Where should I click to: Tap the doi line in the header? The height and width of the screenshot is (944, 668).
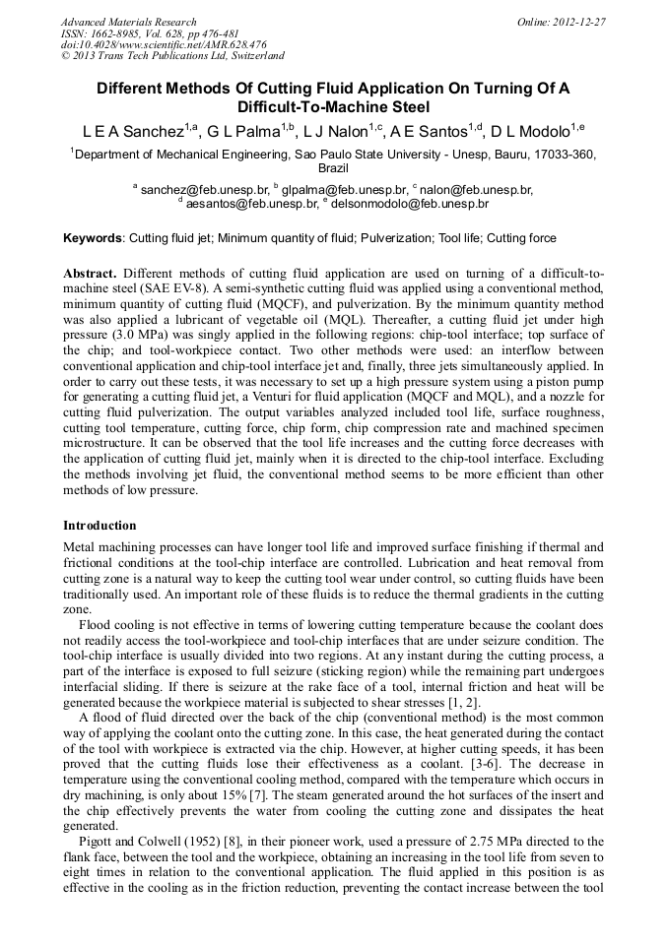click(x=164, y=45)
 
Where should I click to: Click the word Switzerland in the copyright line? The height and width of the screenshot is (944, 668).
click(x=252, y=56)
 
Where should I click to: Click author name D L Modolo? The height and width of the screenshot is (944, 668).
click(x=535, y=130)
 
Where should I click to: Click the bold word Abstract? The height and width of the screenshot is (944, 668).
click(x=91, y=272)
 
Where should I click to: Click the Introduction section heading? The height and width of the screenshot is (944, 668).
click(x=100, y=526)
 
